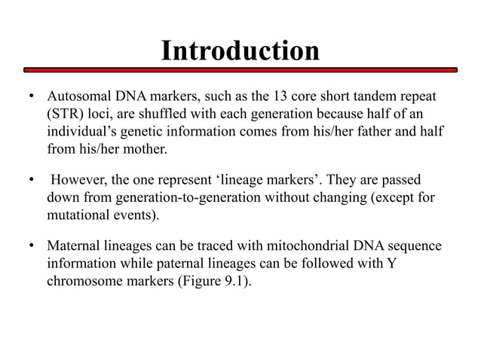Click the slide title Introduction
tap(240, 50)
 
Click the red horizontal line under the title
tap(240, 70)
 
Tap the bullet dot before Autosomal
tap(31, 99)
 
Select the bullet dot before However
tap(31, 181)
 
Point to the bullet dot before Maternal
tap(31, 246)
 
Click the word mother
tap(145, 149)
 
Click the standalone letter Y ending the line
tap(390, 264)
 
